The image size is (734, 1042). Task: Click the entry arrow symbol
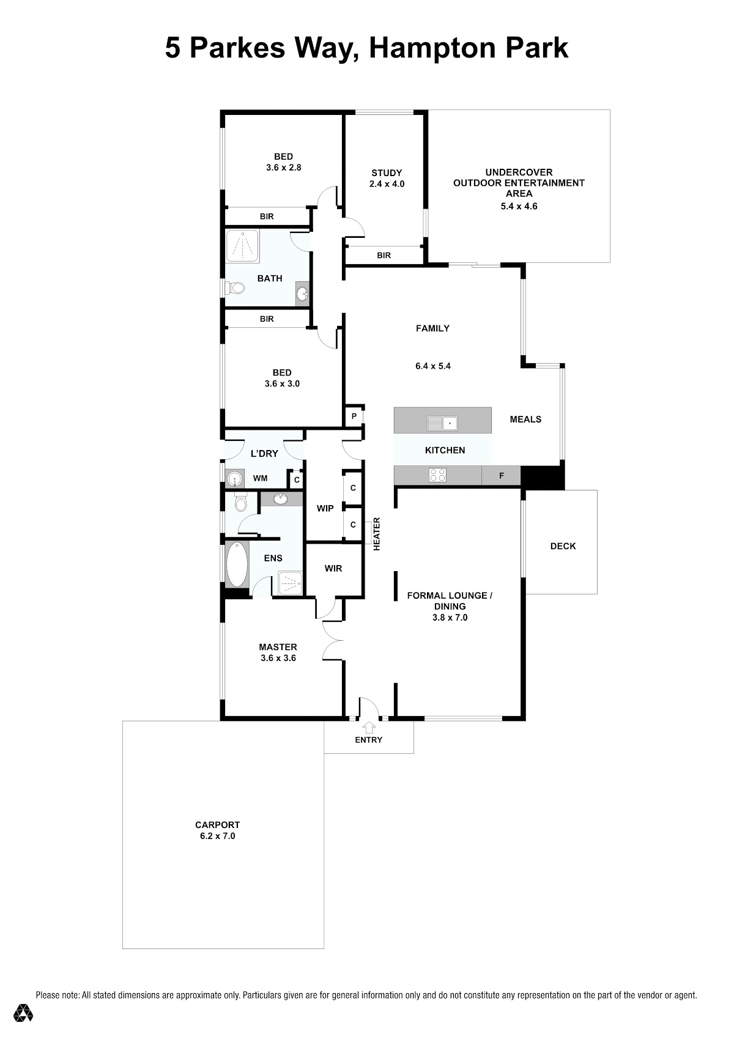tap(369, 727)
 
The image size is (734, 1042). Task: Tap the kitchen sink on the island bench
tap(442, 423)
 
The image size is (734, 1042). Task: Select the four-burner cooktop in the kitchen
tap(437, 475)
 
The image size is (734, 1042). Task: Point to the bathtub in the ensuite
tap(237, 564)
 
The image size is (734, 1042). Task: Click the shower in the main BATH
tap(242, 246)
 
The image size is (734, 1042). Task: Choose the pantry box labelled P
tap(354, 416)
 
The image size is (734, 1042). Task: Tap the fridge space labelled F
tap(502, 475)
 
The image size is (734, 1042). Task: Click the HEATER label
tap(377, 534)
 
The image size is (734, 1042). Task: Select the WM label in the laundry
tap(260, 478)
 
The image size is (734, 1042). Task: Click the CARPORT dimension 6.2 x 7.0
tap(217, 836)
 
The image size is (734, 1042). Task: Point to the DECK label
tap(563, 546)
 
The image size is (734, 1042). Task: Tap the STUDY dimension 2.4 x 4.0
tap(387, 183)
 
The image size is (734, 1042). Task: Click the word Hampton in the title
tap(431, 48)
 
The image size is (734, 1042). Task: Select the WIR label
tap(333, 569)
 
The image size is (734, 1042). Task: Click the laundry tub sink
tap(235, 478)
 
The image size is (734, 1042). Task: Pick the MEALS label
tap(525, 419)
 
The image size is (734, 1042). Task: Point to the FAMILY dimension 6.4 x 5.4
tap(433, 366)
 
